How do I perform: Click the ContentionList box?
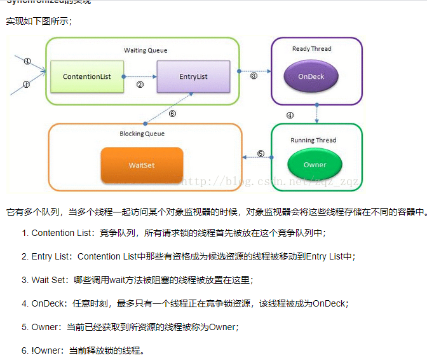pyautogui.click(x=86, y=76)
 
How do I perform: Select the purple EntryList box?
pyautogui.click(x=193, y=76)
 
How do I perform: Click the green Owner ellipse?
pyautogui.click(x=315, y=165)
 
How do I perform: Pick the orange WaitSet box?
pyautogui.click(x=142, y=165)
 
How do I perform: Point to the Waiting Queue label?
pyautogui.click(x=145, y=50)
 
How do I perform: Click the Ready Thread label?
pyautogui.click(x=311, y=49)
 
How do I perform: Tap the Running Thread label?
pyautogui.click(x=313, y=140)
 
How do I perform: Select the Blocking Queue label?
pyautogui.click(x=142, y=134)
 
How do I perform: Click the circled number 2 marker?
pyautogui.click(x=140, y=84)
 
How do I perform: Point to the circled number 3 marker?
pyautogui.click(x=254, y=76)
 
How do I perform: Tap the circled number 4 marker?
pyautogui.click(x=290, y=116)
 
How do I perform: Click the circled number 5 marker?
pyautogui.click(x=261, y=153)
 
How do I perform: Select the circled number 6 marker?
pyautogui.click(x=172, y=114)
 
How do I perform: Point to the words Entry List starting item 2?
pyautogui.click(x=51, y=256)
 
